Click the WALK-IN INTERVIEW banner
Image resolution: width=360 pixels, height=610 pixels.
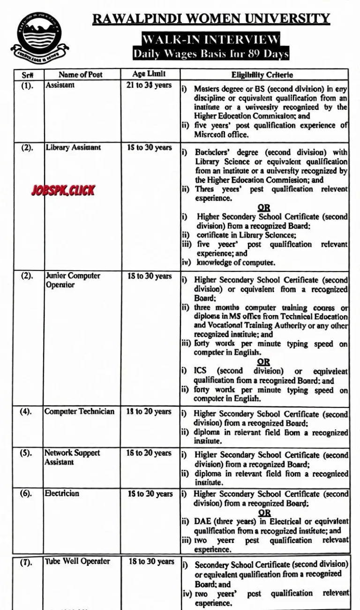pyautogui.click(x=211, y=39)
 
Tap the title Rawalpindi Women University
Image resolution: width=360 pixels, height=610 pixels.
pyautogui.click(x=211, y=19)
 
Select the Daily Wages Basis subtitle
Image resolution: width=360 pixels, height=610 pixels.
pyautogui.click(x=210, y=53)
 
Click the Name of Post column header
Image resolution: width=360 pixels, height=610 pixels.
pyautogui.click(x=80, y=75)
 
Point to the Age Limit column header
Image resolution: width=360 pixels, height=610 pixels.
pyautogui.click(x=150, y=74)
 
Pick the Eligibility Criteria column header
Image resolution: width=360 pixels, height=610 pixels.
pyautogui.click(x=262, y=75)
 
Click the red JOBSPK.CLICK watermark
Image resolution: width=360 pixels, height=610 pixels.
pyautogui.click(x=63, y=190)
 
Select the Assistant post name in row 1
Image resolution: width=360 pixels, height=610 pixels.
pyautogui.click(x=60, y=85)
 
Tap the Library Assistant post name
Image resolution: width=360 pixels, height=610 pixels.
pyautogui.click(x=73, y=147)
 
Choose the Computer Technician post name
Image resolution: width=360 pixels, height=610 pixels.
pyautogui.click(x=79, y=411)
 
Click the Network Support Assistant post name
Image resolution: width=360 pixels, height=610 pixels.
pyautogui.click(x=72, y=457)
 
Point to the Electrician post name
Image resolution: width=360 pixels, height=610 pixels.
pyautogui.click(x=62, y=493)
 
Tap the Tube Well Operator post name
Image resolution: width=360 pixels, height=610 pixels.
pyautogui.click(x=78, y=561)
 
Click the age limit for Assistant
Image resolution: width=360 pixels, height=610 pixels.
pyautogui.click(x=150, y=85)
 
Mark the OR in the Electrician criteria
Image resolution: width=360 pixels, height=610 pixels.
pyautogui.click(x=264, y=513)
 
